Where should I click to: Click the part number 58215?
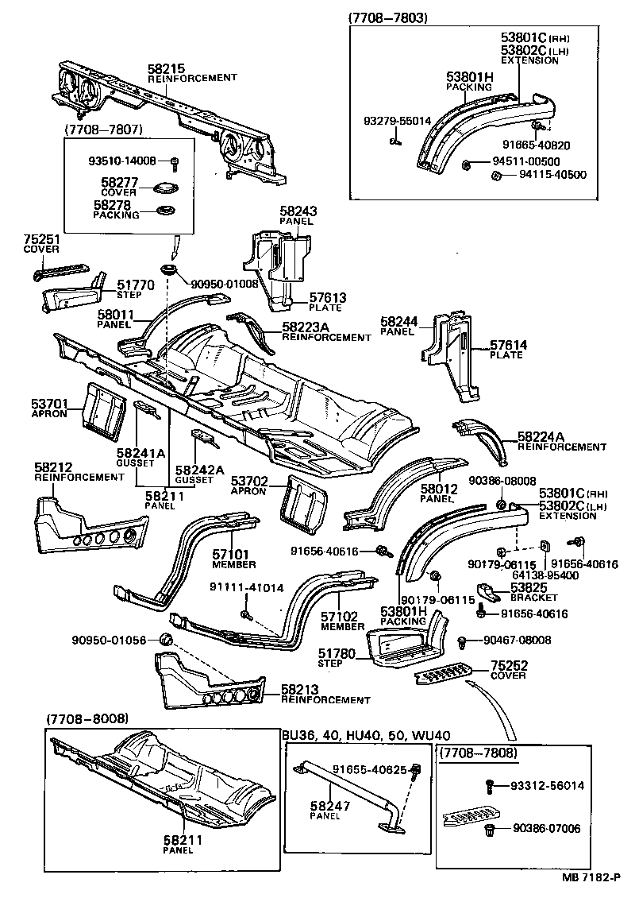point(164,68)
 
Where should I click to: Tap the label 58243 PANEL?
point(297,215)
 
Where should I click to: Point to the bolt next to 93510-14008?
point(174,162)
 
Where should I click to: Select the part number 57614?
point(508,345)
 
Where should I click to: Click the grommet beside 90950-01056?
point(166,641)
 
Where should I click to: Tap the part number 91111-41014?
point(245,587)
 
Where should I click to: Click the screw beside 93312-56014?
point(490,786)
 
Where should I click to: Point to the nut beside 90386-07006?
point(490,830)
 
